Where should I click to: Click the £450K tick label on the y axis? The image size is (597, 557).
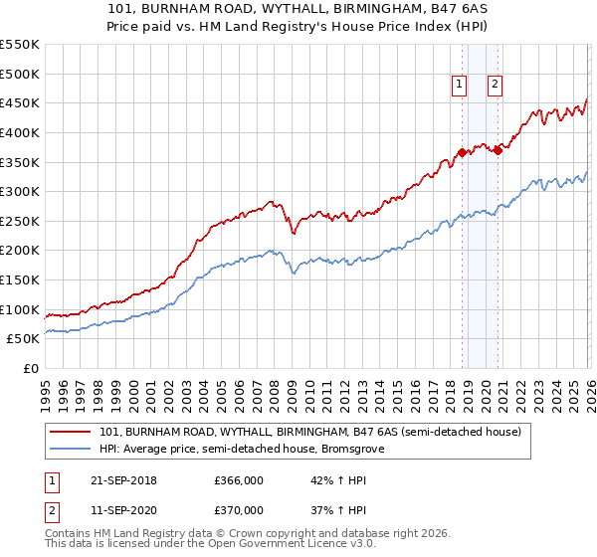point(20,102)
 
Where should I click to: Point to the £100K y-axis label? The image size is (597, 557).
point(20,309)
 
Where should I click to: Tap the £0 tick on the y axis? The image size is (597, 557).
point(31,369)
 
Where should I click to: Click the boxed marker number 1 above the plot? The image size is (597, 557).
point(460,86)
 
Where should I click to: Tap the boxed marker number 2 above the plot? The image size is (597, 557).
point(495,86)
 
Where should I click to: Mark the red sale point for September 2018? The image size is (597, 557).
point(462,152)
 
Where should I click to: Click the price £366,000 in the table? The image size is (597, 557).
point(239,480)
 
